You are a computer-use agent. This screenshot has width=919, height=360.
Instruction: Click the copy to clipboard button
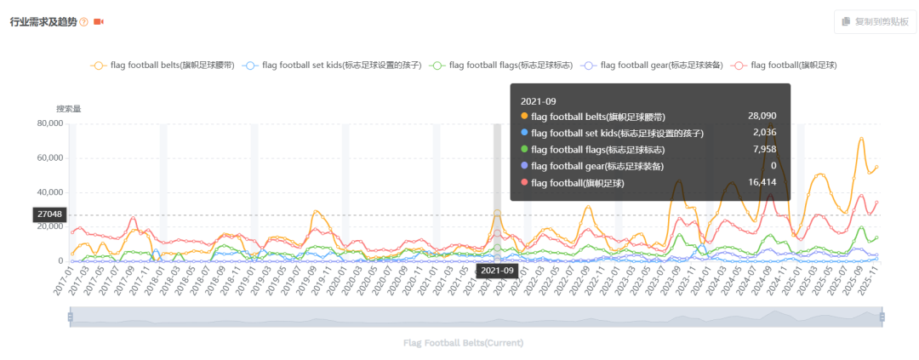point(875,21)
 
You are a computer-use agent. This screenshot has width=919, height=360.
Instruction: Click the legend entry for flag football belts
point(163,65)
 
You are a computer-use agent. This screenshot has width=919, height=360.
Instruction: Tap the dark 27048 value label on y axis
point(48,215)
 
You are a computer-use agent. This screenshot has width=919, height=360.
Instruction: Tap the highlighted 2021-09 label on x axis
point(497,271)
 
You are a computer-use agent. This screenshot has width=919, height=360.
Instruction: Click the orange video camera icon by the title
point(99,21)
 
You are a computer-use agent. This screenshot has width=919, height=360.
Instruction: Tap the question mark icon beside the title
point(83,21)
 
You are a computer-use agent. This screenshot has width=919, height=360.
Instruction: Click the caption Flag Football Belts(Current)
point(463,343)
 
